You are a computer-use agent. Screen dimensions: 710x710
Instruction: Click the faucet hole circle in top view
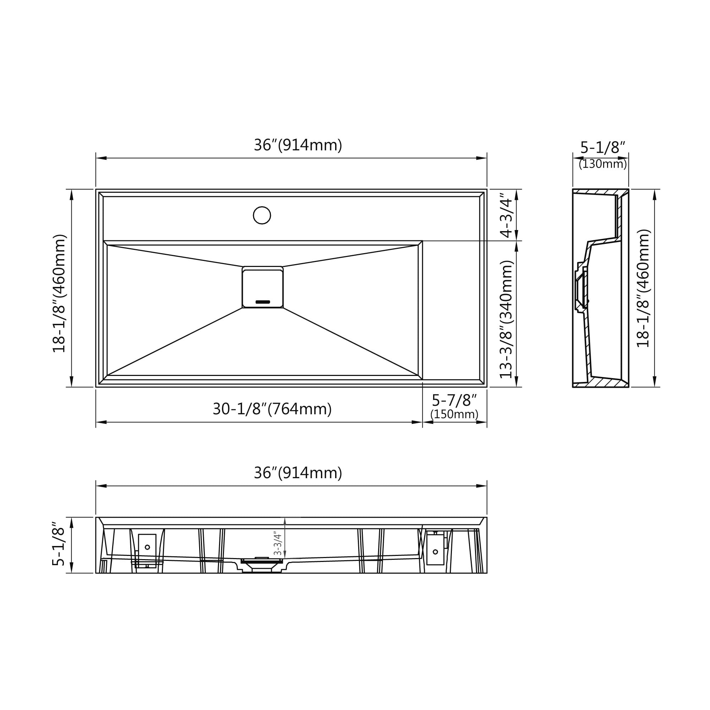[x=262, y=215]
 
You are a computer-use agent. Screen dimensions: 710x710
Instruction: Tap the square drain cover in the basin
[x=262, y=288]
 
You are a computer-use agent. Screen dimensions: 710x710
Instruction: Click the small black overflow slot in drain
[x=262, y=302]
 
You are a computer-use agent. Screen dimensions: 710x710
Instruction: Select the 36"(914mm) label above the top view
[x=298, y=145]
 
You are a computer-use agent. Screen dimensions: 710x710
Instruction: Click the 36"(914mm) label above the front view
[x=298, y=473]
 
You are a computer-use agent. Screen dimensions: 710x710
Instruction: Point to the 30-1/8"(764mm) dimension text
[x=272, y=409]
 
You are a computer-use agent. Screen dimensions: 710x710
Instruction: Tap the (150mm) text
[x=454, y=414]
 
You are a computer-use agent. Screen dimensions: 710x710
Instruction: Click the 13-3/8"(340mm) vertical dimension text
[x=506, y=319]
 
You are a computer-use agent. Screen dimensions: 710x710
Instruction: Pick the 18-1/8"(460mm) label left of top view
[x=59, y=294]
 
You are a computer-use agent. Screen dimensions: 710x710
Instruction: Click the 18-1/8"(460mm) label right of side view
[x=643, y=289]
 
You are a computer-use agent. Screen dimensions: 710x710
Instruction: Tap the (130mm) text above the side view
[x=603, y=164]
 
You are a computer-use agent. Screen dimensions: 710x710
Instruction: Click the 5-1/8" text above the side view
[x=602, y=148]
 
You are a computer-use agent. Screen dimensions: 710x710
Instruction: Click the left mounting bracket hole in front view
[x=147, y=547]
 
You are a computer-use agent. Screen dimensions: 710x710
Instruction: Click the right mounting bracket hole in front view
[x=436, y=552]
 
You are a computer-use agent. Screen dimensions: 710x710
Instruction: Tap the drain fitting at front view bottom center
[x=262, y=564]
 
